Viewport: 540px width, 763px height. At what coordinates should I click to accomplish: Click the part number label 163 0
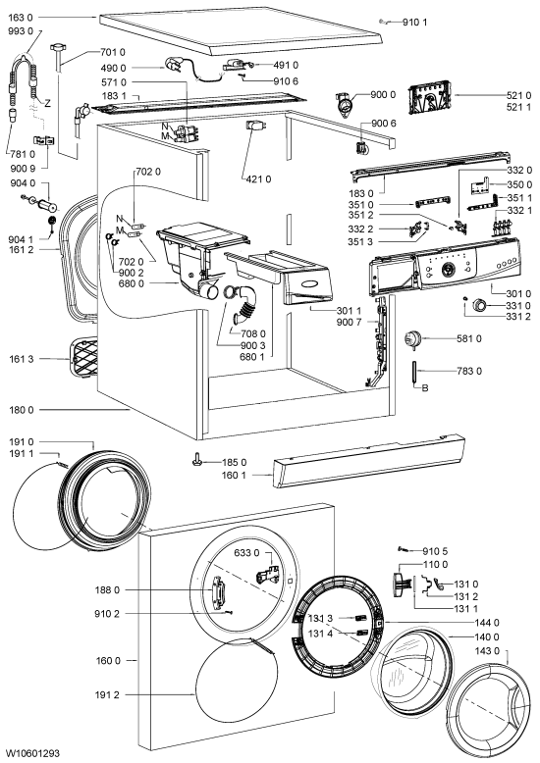(21, 18)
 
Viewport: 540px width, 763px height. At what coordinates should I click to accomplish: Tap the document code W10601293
(33, 753)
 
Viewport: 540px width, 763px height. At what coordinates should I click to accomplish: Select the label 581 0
(469, 338)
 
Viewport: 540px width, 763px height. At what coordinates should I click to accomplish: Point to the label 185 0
(235, 462)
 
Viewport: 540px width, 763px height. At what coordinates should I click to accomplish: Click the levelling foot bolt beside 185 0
(197, 459)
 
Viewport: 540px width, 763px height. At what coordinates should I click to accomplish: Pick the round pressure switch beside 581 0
(412, 337)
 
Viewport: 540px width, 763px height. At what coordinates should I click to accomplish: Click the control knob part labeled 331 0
(479, 306)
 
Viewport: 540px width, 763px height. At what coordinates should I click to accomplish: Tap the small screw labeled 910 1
(384, 21)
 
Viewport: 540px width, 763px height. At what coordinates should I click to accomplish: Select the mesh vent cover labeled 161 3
(83, 358)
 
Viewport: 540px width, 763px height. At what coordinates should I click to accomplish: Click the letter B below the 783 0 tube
(425, 388)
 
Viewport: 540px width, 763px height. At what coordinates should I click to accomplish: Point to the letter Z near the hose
(47, 103)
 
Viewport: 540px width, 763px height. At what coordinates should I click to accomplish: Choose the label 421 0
(258, 179)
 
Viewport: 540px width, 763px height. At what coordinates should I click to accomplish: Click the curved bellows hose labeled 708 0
(246, 306)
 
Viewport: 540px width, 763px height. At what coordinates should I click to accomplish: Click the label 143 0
(487, 651)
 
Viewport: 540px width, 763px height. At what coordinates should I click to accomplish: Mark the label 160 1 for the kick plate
(234, 475)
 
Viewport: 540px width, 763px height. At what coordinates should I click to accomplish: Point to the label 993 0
(21, 30)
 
